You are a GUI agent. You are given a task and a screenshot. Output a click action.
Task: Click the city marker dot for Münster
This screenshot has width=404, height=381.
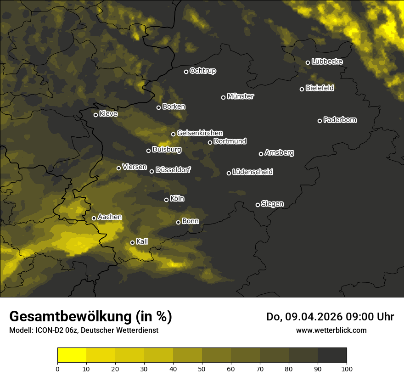point(224,97)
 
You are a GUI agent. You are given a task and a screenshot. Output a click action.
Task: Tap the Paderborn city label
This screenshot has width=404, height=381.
point(340,120)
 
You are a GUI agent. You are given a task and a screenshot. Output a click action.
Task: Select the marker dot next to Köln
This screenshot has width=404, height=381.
point(167,200)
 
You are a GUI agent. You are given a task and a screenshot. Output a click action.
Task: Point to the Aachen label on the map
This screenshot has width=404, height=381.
point(110,217)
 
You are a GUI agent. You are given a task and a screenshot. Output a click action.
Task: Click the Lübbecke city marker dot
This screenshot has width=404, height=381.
point(308,62)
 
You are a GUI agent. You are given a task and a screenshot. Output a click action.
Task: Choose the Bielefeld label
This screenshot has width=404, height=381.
point(320,88)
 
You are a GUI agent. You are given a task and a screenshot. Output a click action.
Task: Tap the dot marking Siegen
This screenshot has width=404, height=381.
point(258,205)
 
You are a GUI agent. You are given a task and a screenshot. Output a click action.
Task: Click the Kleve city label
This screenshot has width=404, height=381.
point(108,113)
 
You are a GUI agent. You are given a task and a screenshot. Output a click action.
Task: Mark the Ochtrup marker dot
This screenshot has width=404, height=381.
point(186,72)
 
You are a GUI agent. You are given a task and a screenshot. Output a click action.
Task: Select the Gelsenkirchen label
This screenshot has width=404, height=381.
point(200,133)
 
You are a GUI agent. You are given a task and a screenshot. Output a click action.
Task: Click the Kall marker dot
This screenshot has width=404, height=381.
point(132,242)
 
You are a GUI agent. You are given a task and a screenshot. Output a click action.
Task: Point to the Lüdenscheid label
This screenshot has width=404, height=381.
point(252,172)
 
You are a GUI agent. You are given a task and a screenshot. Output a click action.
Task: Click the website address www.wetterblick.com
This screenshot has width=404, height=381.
point(331,330)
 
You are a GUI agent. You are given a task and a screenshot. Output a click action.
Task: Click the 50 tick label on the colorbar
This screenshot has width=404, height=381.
point(202,368)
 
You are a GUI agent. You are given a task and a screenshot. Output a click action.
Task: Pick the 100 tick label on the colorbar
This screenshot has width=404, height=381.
point(347,368)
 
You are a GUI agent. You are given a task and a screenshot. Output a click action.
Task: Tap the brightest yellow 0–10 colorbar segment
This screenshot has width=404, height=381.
point(72,355)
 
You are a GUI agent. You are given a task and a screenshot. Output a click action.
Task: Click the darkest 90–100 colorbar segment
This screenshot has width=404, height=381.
point(332,355)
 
